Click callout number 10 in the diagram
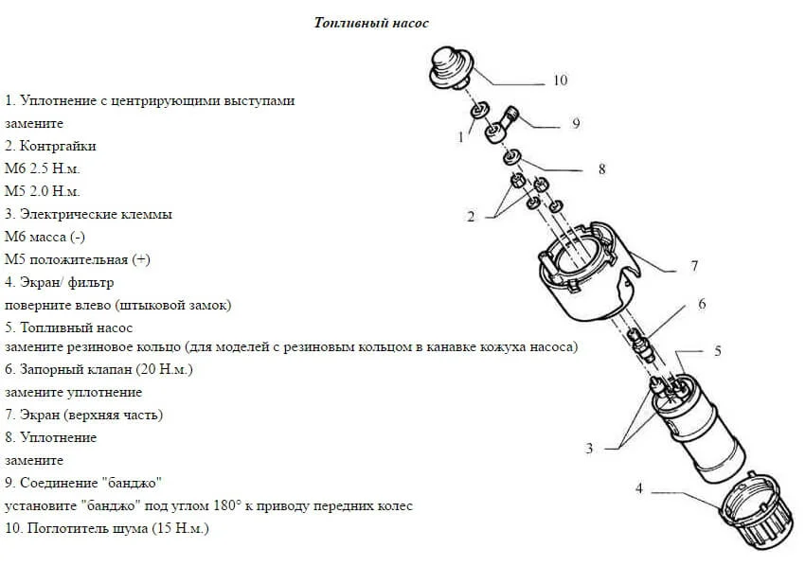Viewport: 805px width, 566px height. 560,80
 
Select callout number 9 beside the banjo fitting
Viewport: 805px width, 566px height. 576,123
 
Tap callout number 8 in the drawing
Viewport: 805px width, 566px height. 601,169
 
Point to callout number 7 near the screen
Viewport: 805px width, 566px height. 694,266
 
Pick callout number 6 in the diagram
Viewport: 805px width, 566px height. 702,304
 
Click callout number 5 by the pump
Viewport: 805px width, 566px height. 718,350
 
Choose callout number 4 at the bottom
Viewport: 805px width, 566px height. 639,488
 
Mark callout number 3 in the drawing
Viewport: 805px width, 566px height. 589,448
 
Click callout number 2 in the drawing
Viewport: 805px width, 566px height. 471,217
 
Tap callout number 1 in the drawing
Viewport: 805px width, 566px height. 461,137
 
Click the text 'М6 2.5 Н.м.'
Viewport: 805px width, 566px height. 43,168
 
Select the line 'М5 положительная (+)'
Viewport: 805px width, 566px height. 78,259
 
